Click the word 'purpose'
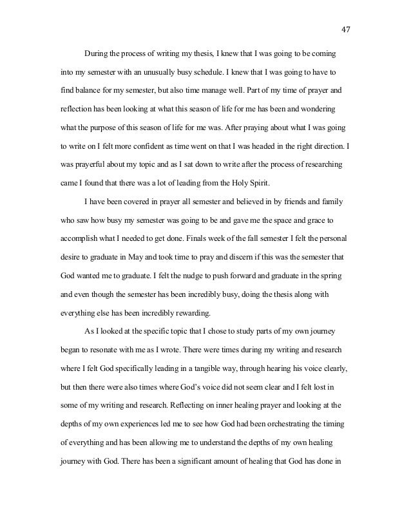click(104, 120)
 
